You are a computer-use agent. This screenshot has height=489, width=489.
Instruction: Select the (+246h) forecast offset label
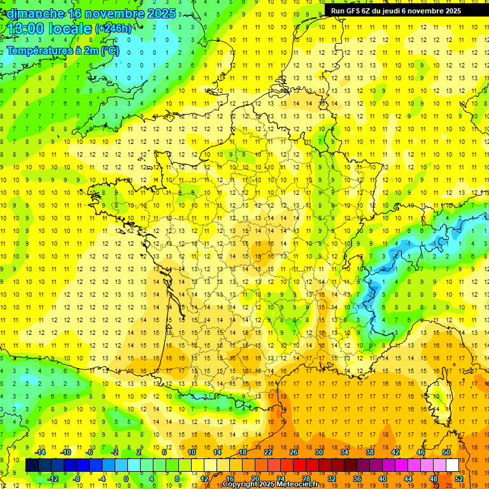click(113, 29)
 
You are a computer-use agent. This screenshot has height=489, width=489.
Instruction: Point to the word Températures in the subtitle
click(42, 50)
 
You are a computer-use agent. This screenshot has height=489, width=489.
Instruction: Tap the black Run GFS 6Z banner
click(400, 11)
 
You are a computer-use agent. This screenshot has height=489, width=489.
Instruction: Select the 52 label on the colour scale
click(459, 478)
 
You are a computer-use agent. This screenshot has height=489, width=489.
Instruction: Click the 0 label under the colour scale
click(125, 478)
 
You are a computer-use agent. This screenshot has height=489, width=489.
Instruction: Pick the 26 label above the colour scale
click(294, 452)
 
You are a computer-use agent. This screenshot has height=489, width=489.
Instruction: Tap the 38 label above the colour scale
click(370, 452)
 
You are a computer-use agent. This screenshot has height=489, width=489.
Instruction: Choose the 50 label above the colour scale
click(446, 452)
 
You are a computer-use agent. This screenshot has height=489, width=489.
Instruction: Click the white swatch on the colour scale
click(453, 465)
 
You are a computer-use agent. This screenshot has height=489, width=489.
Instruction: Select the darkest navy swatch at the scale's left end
click(32, 465)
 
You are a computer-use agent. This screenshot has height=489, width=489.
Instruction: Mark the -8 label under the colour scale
click(76, 478)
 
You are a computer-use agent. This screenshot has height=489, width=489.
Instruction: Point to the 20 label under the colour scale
click(255, 478)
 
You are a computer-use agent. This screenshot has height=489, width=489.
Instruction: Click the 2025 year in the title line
click(161, 13)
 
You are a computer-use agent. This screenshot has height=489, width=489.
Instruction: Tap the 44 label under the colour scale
click(408, 478)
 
